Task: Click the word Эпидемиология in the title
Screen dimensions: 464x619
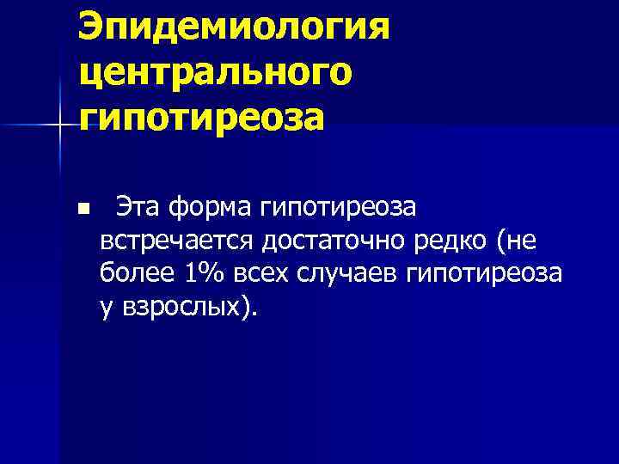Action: pyautogui.click(x=234, y=27)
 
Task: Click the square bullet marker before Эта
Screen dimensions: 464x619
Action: pyautogui.click(x=82, y=209)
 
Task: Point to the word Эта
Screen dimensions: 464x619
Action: pyautogui.click(x=138, y=208)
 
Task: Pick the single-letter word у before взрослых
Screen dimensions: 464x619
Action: pyautogui.click(x=106, y=308)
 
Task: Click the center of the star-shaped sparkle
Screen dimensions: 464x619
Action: pyautogui.click(x=59, y=126)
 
